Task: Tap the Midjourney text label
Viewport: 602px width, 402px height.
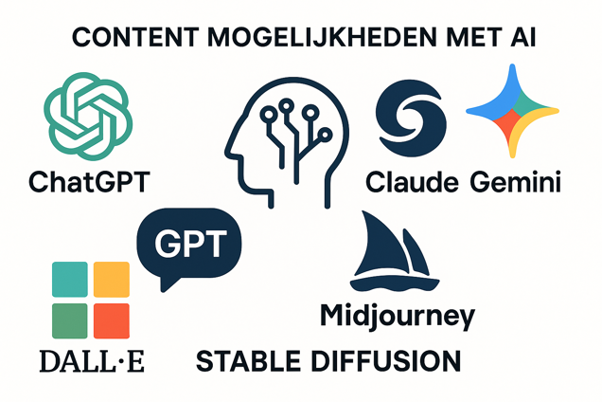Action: coord(398,316)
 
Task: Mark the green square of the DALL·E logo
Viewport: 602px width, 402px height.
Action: coord(68,321)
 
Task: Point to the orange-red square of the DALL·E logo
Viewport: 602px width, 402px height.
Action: coord(111,321)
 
